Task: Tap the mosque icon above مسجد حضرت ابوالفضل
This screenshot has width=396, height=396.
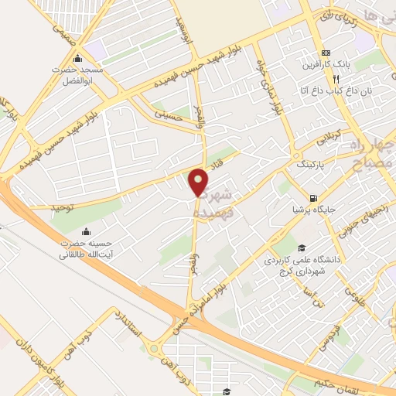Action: (x=77, y=60)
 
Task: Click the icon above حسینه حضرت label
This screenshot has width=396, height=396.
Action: (x=84, y=231)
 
